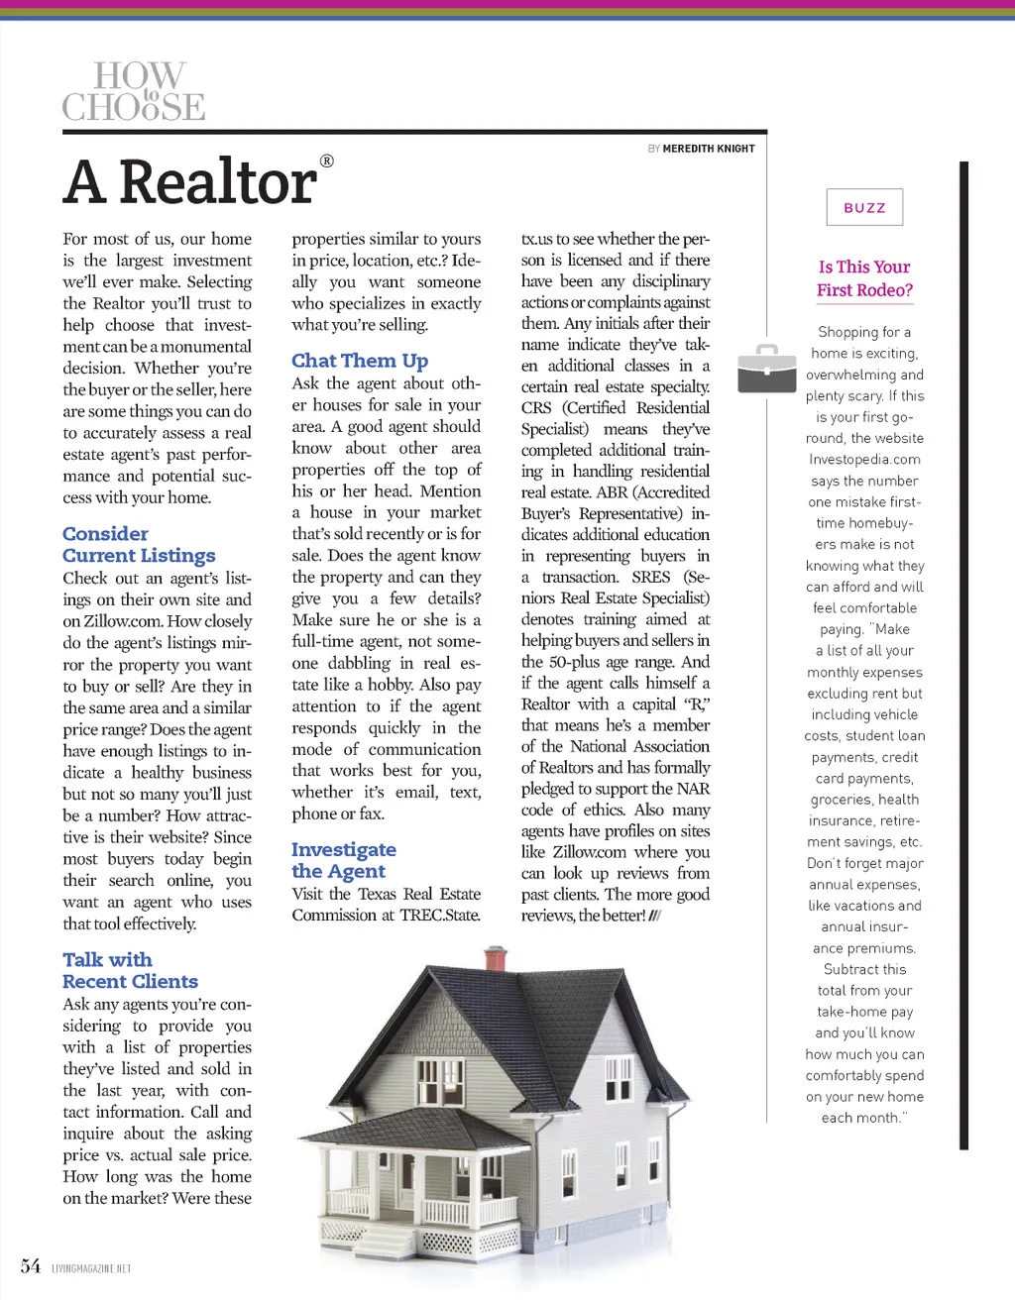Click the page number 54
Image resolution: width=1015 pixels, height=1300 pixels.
pyautogui.click(x=31, y=1266)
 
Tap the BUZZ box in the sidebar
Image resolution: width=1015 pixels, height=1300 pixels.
pyautogui.click(x=864, y=208)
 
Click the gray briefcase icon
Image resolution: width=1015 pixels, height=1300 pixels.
pyautogui.click(x=766, y=369)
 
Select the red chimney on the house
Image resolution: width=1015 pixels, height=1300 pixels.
pyautogui.click(x=496, y=958)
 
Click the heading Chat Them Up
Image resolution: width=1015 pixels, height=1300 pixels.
pyautogui.click(x=360, y=361)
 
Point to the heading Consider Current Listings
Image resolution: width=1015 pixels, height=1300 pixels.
pyautogui.click(x=139, y=545)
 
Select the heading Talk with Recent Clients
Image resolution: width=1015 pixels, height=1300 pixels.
pyautogui.click(x=130, y=970)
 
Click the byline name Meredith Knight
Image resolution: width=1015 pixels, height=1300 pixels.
pyautogui.click(x=709, y=149)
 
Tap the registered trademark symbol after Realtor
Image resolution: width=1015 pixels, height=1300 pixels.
pyautogui.click(x=327, y=161)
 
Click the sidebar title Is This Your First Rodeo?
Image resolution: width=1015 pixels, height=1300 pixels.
pyautogui.click(x=864, y=278)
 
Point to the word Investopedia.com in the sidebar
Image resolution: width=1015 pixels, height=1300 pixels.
pyautogui.click(x=864, y=460)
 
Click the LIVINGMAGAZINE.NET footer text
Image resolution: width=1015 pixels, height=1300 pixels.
pyautogui.click(x=91, y=1268)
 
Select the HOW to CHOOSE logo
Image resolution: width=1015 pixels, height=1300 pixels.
pyautogui.click(x=134, y=91)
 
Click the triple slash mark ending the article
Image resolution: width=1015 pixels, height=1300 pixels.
pyautogui.click(x=655, y=916)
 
